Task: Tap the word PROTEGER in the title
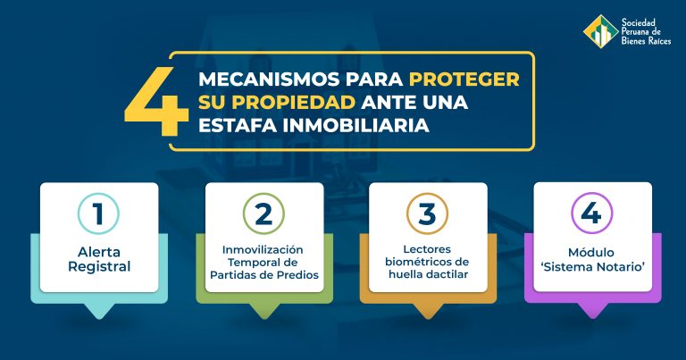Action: tap(464, 80)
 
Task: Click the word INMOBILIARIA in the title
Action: tap(356, 126)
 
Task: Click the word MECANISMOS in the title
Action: tap(269, 80)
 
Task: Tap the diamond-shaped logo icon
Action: tap(600, 31)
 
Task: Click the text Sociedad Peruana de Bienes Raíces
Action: tap(646, 31)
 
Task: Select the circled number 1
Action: tap(98, 213)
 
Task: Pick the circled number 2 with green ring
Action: tap(264, 213)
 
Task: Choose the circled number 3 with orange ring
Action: tap(428, 213)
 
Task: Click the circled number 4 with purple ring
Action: tap(592, 213)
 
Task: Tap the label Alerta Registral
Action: tap(99, 259)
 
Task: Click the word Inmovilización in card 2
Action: tap(263, 250)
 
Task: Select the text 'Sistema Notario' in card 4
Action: tap(593, 267)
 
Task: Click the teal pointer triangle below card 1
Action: tap(99, 311)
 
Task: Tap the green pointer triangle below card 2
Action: tap(264, 311)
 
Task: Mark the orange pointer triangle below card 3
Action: tap(428, 311)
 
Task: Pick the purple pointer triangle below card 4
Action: tap(593, 311)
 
